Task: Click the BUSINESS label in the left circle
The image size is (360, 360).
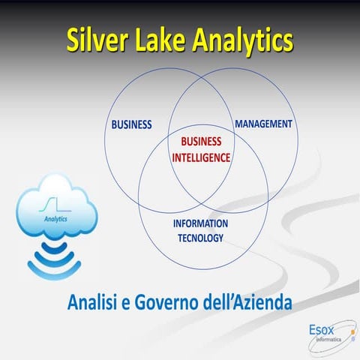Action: point(131,124)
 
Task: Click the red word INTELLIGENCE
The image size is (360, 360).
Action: point(202,157)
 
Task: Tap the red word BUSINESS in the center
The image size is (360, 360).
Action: point(202,142)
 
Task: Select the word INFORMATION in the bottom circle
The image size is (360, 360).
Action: point(200,224)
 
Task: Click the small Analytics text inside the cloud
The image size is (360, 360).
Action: point(55,219)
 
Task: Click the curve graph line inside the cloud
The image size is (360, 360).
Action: point(55,203)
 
